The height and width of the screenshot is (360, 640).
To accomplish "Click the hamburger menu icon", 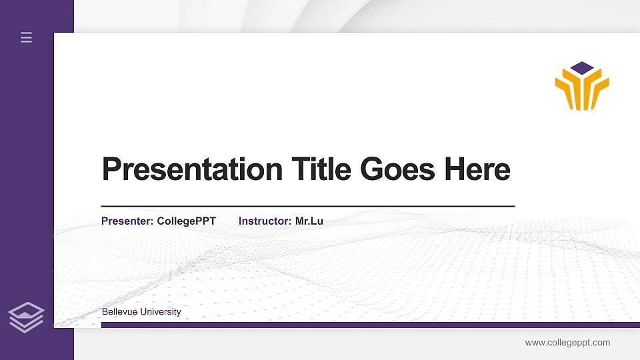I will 27,38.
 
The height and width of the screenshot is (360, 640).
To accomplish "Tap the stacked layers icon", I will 26,317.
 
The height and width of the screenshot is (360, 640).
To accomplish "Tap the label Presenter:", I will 127,221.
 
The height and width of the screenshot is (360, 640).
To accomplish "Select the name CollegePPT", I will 186,221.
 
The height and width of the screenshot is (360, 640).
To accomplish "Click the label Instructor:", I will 265,221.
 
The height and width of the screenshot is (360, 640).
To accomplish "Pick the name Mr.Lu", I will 309,221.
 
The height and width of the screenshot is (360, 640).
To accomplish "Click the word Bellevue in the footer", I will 118,312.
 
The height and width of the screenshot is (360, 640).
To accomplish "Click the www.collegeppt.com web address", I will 567,343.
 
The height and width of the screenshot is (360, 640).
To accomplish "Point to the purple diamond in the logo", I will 582,67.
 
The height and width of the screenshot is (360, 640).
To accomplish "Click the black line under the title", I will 307,207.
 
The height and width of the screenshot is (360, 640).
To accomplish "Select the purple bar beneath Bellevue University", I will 366,325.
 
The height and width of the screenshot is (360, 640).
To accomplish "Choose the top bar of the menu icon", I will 27,33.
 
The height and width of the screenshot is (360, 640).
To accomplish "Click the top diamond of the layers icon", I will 26,309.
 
